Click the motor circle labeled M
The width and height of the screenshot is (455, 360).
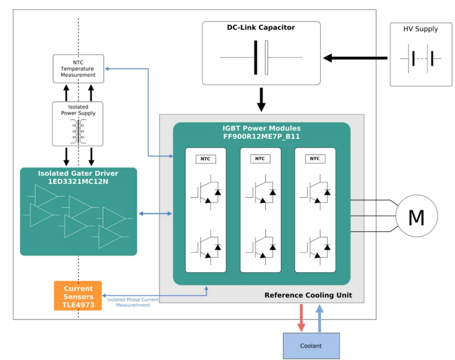coord(416,216)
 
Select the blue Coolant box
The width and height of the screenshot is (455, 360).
coord(311,345)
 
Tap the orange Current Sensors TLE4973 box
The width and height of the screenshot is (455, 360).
coord(78,296)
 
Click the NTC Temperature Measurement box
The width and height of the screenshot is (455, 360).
coord(78,69)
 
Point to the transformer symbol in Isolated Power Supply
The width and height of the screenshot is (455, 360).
coord(78,132)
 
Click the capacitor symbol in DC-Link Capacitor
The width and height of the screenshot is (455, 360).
coord(261,57)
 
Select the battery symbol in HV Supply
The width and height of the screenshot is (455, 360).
coord(420,58)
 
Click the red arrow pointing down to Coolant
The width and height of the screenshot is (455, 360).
coord(301,317)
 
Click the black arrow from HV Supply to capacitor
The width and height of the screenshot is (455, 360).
coord(355,58)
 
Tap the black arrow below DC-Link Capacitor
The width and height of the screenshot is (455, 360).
coord(261,99)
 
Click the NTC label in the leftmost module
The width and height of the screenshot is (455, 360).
coord(206,159)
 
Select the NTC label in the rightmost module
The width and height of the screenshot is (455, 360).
coord(315,159)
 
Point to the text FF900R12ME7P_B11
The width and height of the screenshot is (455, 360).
coord(261,136)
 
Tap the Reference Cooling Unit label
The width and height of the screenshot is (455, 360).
coord(308,295)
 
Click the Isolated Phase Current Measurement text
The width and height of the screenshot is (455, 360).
coord(133,302)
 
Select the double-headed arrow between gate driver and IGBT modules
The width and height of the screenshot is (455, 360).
coord(155,214)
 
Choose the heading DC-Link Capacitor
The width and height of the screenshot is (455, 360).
coord(261,28)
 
